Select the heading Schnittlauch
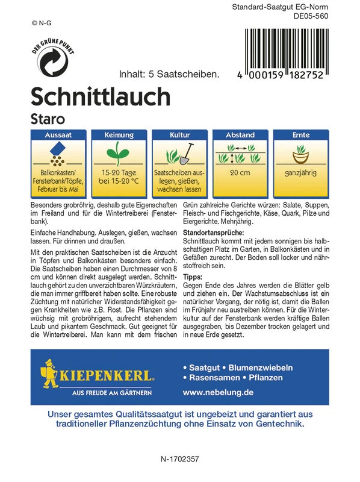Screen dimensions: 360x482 (x=100, y=96)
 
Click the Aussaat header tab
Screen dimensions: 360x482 (x=58, y=136)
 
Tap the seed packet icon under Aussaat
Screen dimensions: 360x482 (x=58, y=154)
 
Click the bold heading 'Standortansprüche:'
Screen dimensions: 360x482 (x=213, y=232)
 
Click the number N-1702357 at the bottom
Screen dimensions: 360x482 (x=179, y=459)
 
